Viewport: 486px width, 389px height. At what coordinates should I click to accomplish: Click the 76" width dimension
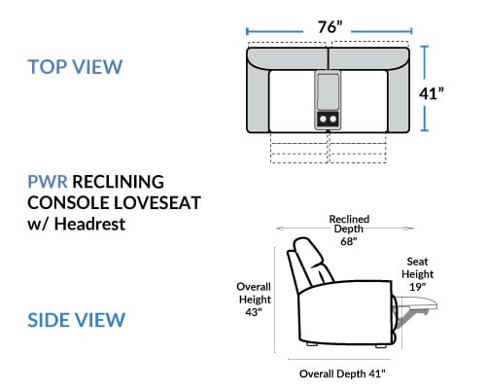(330, 27)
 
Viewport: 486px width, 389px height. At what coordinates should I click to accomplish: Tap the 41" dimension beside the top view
(432, 93)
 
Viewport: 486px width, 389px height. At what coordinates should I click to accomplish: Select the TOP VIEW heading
(75, 67)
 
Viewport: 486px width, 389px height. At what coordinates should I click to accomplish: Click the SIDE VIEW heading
(77, 320)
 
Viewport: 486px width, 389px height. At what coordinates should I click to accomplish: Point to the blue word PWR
(48, 182)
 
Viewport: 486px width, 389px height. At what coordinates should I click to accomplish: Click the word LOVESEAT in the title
(157, 202)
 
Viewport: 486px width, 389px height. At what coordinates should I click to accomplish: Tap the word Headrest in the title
(89, 224)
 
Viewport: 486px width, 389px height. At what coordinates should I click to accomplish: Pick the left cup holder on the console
(323, 119)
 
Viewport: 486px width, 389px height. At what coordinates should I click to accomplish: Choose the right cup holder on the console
(333, 119)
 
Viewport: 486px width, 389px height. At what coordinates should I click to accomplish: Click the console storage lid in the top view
(328, 92)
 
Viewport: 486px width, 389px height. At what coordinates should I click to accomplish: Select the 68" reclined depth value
(349, 241)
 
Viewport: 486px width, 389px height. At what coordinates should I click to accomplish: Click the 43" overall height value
(254, 312)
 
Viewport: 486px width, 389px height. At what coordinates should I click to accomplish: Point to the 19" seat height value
(417, 287)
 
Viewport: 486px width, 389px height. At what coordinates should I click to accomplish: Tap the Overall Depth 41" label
(342, 373)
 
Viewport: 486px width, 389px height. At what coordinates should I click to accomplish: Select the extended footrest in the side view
(416, 304)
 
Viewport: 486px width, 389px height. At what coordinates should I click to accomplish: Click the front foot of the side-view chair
(381, 345)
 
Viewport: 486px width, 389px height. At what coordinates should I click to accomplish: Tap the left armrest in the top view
(259, 97)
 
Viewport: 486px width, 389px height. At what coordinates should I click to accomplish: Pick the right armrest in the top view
(399, 97)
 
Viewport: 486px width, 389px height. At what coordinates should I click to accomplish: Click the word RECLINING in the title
(118, 182)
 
